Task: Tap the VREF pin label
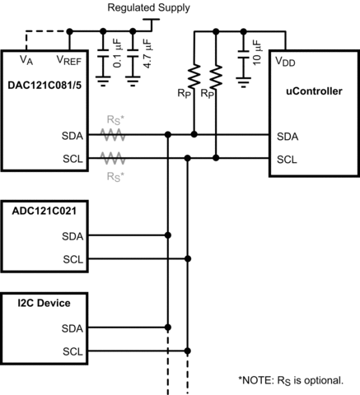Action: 69,60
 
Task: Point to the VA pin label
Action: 26,60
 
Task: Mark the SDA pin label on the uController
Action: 287,137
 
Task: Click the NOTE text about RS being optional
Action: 297,380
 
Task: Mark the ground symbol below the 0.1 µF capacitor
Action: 103,81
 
